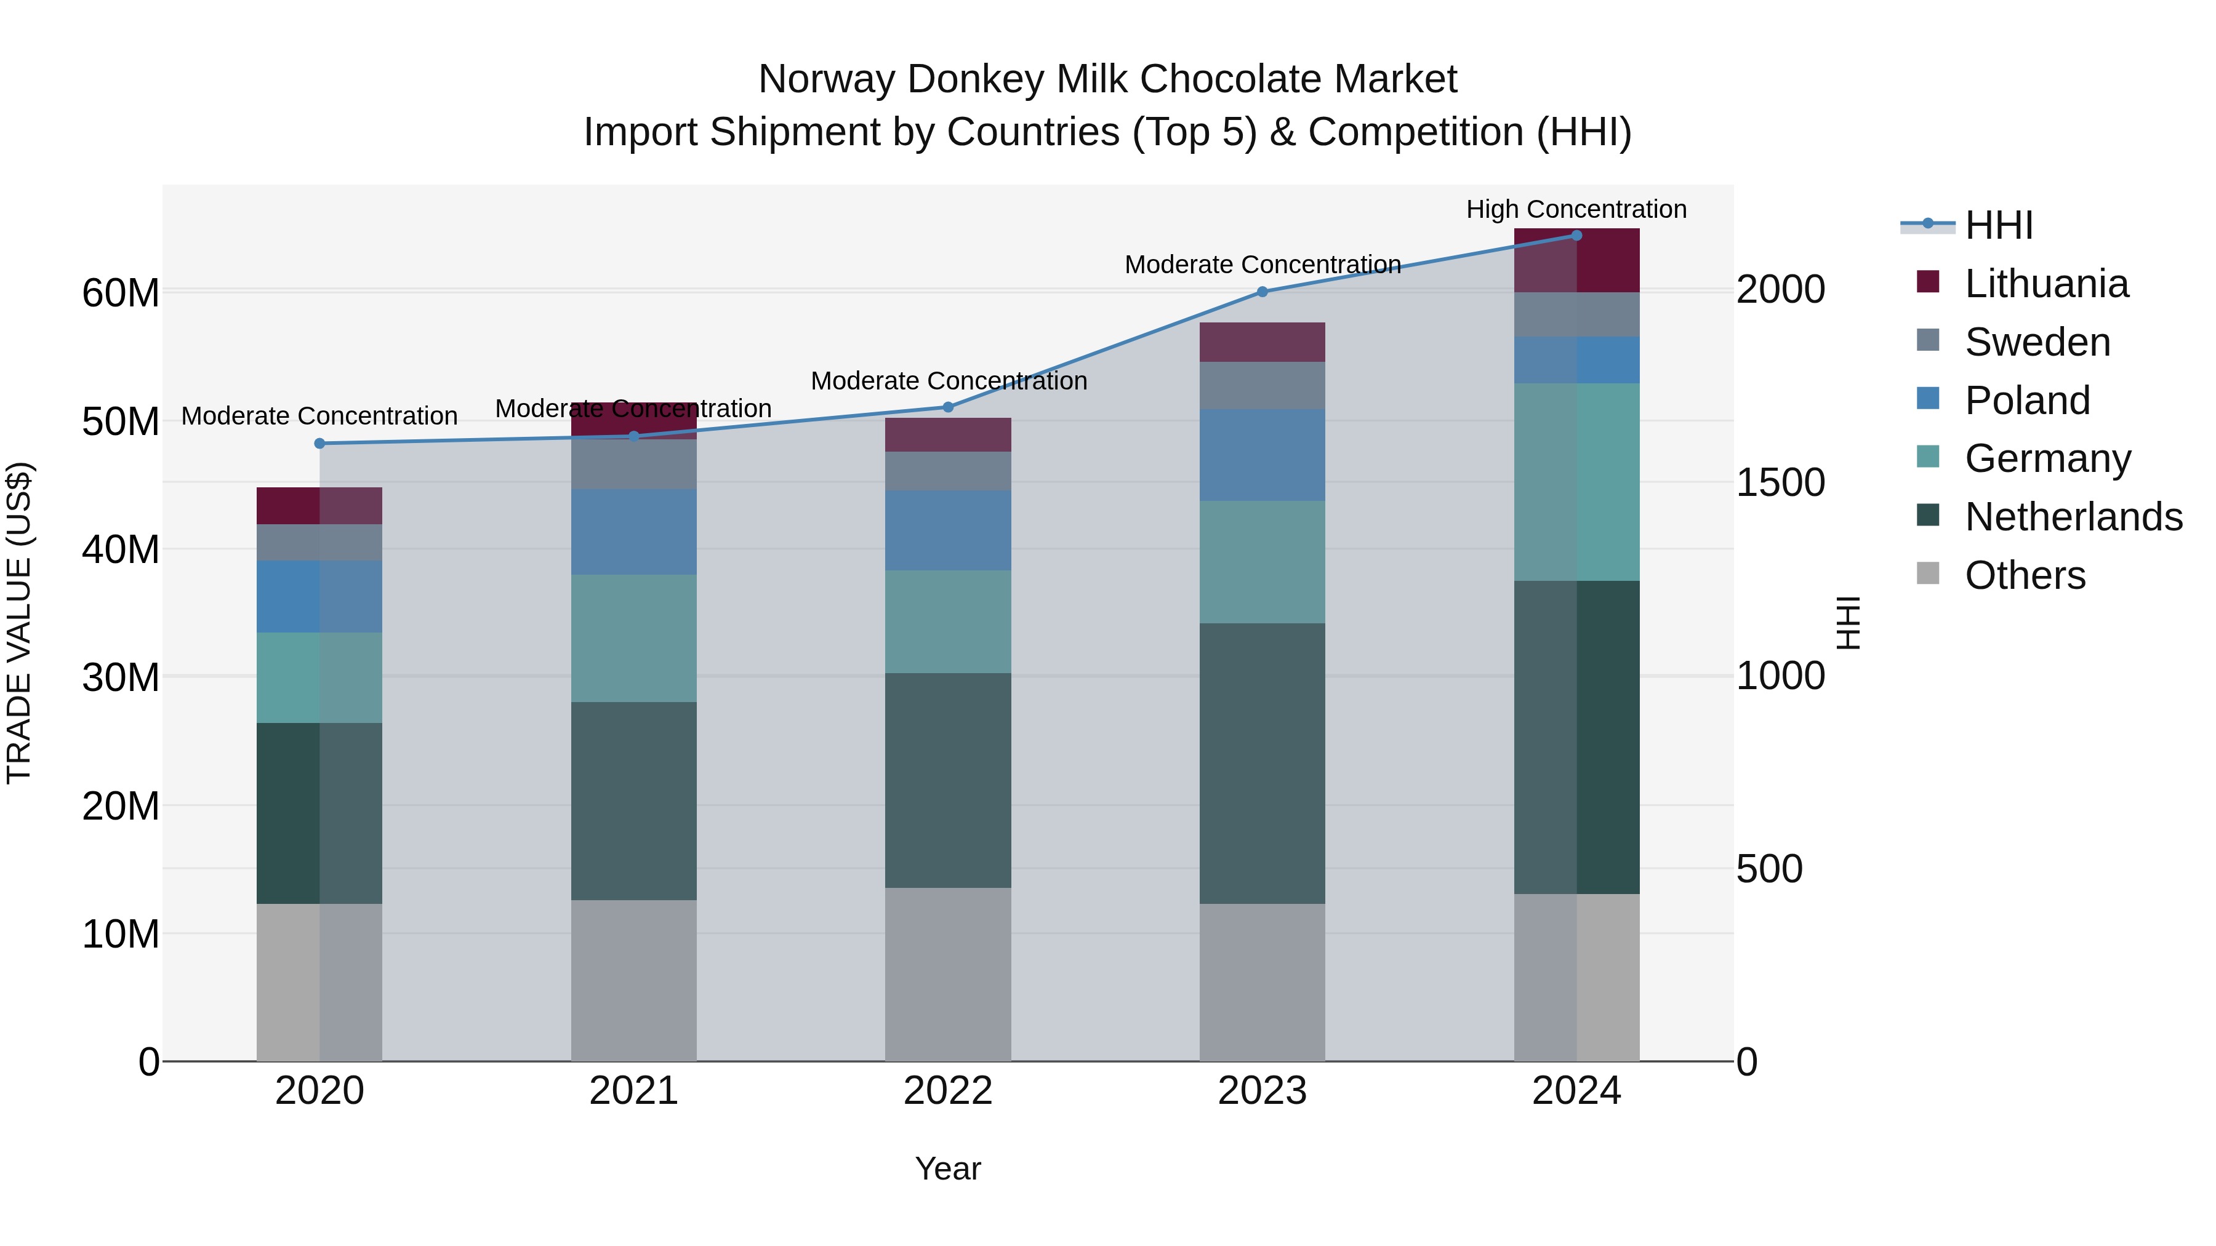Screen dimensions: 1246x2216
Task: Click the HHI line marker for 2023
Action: (1262, 292)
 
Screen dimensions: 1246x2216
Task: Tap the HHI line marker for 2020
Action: (319, 444)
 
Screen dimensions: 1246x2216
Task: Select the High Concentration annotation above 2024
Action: (1576, 209)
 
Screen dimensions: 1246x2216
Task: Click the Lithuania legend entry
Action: (2045, 284)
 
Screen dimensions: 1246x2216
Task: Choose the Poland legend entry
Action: (2027, 401)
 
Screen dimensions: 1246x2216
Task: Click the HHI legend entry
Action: (1998, 225)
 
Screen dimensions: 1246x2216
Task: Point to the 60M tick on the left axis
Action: (121, 294)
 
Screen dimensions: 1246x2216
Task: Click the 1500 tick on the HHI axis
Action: (1780, 482)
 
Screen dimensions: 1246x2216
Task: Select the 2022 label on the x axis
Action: (948, 1091)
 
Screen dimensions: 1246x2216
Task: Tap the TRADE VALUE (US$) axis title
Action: (20, 623)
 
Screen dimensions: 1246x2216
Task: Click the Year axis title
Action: (948, 1168)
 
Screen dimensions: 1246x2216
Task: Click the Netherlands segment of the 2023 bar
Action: (1262, 763)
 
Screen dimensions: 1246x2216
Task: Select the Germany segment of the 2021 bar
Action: (634, 638)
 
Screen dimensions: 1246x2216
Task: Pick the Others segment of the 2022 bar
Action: (948, 973)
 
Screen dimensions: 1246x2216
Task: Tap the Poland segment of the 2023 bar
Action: (1262, 455)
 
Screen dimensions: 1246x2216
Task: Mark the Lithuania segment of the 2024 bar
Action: (1576, 260)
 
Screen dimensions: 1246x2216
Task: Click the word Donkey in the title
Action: (976, 79)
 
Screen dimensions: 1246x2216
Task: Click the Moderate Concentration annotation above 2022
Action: (948, 380)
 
